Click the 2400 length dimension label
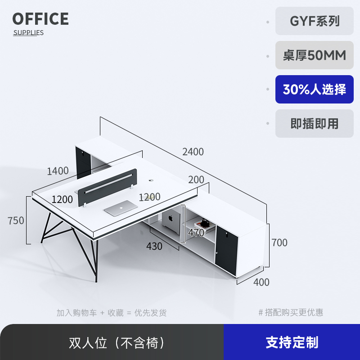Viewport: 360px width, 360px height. [x=193, y=152]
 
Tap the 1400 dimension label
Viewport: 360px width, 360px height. [x=58, y=171]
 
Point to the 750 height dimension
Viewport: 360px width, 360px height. [x=16, y=220]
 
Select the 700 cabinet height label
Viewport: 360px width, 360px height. [x=279, y=243]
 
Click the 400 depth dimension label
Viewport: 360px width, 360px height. [x=261, y=282]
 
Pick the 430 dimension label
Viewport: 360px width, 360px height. [x=154, y=246]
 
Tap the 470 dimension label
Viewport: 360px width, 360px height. [x=196, y=233]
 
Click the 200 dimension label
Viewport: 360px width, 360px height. [x=196, y=180]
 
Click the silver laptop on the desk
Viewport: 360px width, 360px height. [x=120, y=207]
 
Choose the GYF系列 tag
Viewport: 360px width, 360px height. [x=315, y=21]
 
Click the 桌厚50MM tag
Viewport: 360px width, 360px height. [x=315, y=55]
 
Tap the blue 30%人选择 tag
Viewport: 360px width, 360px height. [x=315, y=89]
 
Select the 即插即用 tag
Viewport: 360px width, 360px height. [x=315, y=123]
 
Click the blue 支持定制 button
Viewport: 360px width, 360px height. [x=292, y=342]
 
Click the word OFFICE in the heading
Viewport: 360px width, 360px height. [x=40, y=19]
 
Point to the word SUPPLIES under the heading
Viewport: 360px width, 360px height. [x=28, y=32]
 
